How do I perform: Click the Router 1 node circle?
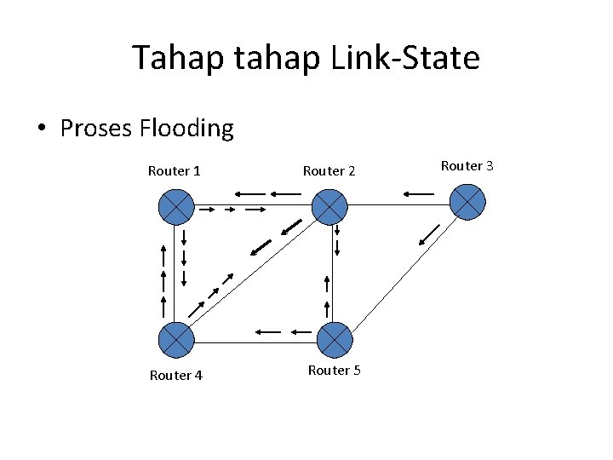[x=176, y=207]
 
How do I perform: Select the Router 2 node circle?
[x=329, y=207]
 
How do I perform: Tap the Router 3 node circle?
[x=467, y=202]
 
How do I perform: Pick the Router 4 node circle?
[x=176, y=340]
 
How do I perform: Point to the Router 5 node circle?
[x=335, y=340]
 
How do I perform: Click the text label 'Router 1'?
[x=175, y=171]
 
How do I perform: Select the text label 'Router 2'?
[x=329, y=171]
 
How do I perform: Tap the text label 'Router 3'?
[x=467, y=165]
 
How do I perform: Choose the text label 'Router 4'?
[x=175, y=376]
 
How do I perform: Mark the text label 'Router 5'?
[x=335, y=371]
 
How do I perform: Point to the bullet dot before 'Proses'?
[x=42, y=129]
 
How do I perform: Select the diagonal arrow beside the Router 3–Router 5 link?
[x=430, y=233]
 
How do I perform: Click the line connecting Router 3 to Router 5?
[x=400, y=273]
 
